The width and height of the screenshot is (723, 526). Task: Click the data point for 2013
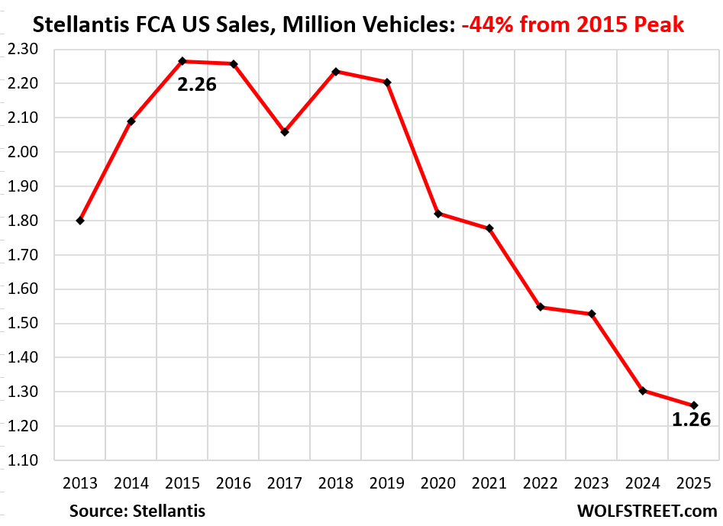(x=80, y=221)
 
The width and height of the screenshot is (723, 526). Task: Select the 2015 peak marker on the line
(x=182, y=61)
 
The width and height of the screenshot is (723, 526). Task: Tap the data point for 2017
(x=285, y=132)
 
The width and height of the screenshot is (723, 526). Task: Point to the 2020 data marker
(x=438, y=214)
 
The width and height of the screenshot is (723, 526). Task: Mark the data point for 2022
(x=541, y=307)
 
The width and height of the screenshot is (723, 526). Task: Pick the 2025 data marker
(x=694, y=405)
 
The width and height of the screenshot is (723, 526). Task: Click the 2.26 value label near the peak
(x=197, y=84)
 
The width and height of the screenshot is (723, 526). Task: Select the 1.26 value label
(x=691, y=419)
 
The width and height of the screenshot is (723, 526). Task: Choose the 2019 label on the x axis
(x=387, y=482)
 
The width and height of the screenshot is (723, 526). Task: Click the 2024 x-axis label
(x=643, y=482)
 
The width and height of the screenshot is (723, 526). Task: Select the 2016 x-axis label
(x=234, y=482)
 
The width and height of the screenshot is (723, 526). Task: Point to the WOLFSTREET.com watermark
(x=647, y=510)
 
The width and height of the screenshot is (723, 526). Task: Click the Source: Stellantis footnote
(x=137, y=510)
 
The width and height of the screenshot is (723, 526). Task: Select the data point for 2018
(x=336, y=71)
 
